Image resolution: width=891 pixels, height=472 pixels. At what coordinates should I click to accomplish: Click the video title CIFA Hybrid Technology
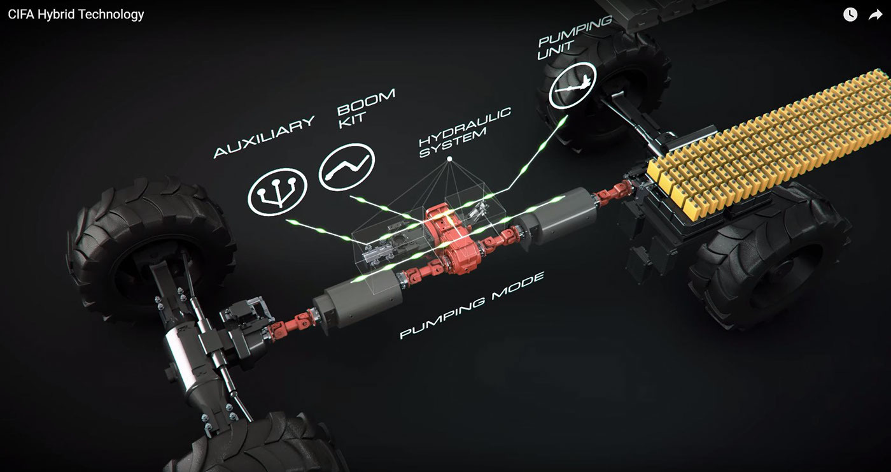pyautogui.click(x=76, y=14)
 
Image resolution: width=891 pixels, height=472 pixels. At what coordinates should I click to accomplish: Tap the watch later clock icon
pyautogui.click(x=850, y=15)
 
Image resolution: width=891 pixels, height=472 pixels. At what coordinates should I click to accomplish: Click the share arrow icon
pyautogui.click(x=876, y=15)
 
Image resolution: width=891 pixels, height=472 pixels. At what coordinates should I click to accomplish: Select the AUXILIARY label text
pyautogui.click(x=264, y=137)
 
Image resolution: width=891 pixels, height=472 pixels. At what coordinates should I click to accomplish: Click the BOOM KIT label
pyautogui.click(x=366, y=108)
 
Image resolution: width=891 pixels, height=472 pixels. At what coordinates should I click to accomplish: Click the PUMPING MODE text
pyautogui.click(x=472, y=305)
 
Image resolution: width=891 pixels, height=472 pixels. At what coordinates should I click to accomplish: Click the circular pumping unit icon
pyautogui.click(x=573, y=85)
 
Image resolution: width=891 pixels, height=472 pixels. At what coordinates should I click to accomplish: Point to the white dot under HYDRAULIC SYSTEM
pyautogui.click(x=449, y=159)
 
